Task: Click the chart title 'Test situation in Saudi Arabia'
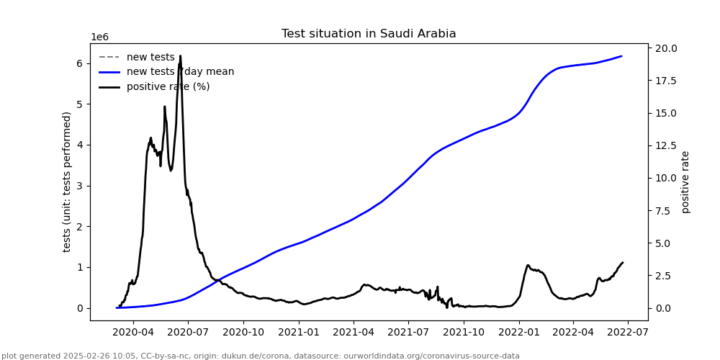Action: [369, 34]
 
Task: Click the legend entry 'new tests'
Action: [150, 57]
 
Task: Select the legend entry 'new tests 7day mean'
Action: [180, 72]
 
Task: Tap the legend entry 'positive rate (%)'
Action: [168, 87]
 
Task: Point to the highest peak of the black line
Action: [180, 56]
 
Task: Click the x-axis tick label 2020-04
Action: [133, 332]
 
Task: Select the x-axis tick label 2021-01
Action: [298, 332]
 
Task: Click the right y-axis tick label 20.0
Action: [665, 48]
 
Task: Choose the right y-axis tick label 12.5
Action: [665, 146]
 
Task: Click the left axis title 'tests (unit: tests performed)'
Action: [67, 181]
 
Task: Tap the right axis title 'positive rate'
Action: [685, 181]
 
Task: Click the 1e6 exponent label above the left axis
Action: [99, 37]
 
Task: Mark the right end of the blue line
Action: [621, 56]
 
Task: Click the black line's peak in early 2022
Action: [528, 266]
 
